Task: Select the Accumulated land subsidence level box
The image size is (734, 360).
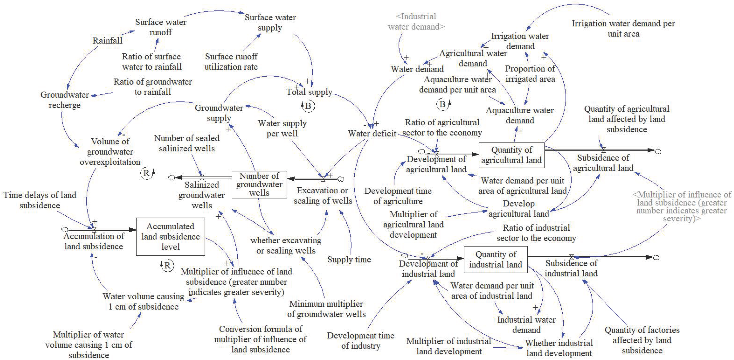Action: point(170,236)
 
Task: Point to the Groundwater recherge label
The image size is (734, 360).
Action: point(65,100)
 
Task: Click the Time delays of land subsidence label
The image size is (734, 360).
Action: point(40,200)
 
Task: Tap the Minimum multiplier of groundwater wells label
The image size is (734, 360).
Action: point(326,309)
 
